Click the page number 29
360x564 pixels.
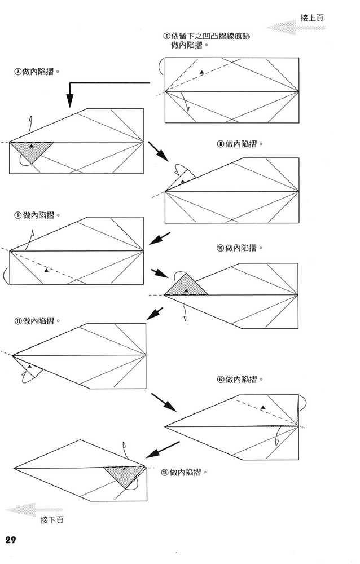pyautogui.click(x=11, y=540)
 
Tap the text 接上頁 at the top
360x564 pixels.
pyautogui.click(x=311, y=17)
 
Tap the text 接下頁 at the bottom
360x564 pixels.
pyautogui.click(x=52, y=520)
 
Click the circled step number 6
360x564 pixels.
pyautogui.click(x=166, y=37)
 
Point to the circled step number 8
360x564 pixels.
pyautogui.click(x=220, y=144)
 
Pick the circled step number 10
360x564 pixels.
pyautogui.click(x=220, y=248)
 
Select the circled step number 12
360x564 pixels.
pyautogui.click(x=220, y=380)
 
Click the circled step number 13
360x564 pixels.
pyautogui.click(x=165, y=472)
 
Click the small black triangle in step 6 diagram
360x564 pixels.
pyautogui.click(x=201, y=72)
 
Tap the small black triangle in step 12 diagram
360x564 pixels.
pyautogui.click(x=263, y=407)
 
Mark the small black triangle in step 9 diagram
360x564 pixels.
pyautogui.click(x=46, y=270)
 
